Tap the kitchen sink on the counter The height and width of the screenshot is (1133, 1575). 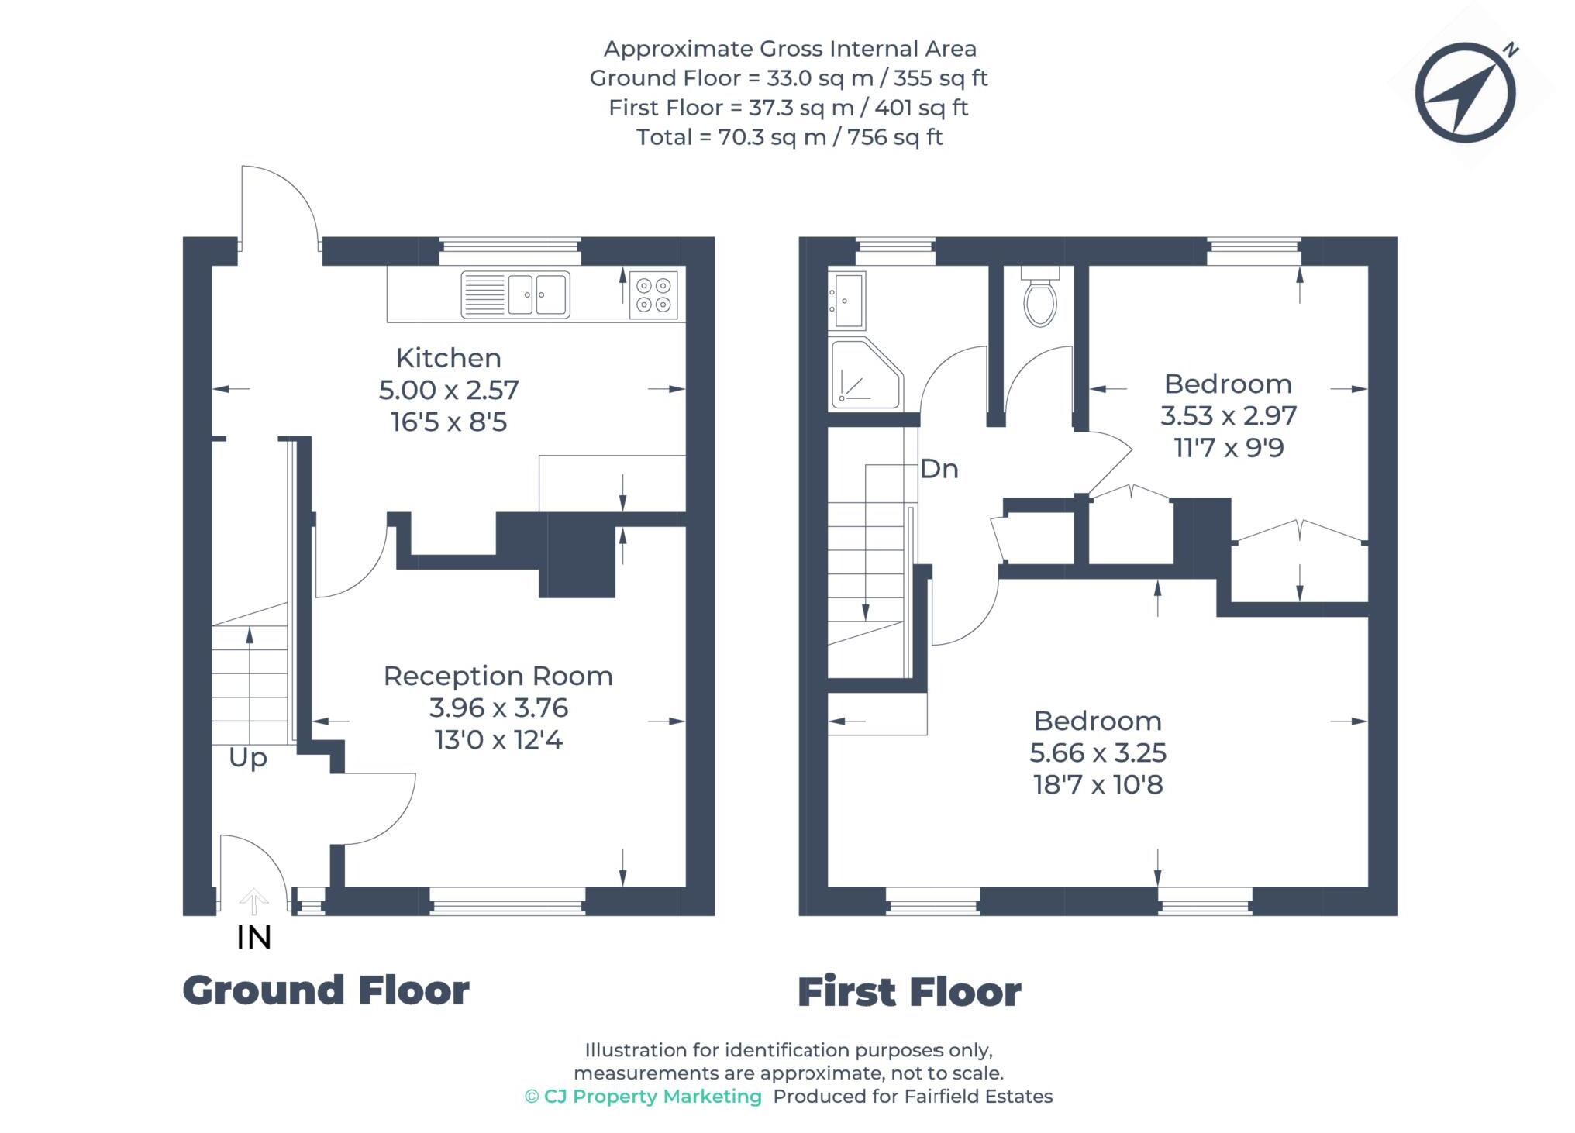click(x=515, y=294)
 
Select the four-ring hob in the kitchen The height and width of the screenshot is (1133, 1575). click(x=653, y=294)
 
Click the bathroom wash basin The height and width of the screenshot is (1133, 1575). click(x=847, y=300)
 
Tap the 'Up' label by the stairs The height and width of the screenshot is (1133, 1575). click(x=248, y=757)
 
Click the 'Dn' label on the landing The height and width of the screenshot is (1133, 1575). click(x=939, y=469)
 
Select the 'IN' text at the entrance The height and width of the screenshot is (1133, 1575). click(x=253, y=938)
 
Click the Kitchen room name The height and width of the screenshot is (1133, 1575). click(x=448, y=358)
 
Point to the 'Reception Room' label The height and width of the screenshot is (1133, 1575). click(x=498, y=676)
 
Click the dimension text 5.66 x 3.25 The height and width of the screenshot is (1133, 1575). click(x=1098, y=752)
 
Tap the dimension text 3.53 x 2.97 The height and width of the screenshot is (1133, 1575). click(x=1228, y=416)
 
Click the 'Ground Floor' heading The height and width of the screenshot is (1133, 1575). click(x=326, y=990)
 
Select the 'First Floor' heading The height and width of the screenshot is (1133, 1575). click(x=909, y=992)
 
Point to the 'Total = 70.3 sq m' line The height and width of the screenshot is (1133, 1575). click(x=788, y=137)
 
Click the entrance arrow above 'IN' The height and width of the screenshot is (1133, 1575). click(x=253, y=901)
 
